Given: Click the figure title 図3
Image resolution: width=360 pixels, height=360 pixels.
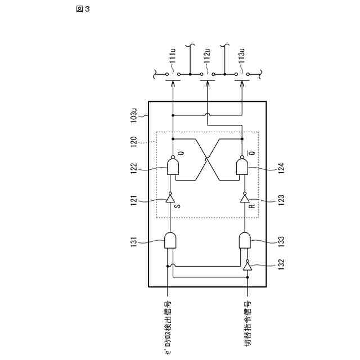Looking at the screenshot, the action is pyautogui.click(x=83, y=9).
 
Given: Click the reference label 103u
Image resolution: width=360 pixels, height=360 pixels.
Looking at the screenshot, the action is pyautogui.click(x=134, y=115).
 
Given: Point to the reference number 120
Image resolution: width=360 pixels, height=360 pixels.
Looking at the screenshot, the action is pyautogui.click(x=134, y=140).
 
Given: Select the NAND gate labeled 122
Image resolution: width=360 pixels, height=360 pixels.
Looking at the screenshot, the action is pyautogui.click(x=173, y=166).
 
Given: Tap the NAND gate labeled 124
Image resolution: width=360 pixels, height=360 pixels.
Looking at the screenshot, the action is pyautogui.click(x=242, y=166).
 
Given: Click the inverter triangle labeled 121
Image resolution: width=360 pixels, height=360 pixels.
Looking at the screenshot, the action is pyautogui.click(x=170, y=197).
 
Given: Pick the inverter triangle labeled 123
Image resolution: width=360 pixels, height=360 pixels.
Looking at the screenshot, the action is pyautogui.click(x=245, y=197).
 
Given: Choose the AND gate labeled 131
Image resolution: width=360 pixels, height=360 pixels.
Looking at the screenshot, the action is pyautogui.click(x=170, y=240).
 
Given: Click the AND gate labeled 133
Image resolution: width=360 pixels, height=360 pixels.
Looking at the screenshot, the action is pyautogui.click(x=245, y=240).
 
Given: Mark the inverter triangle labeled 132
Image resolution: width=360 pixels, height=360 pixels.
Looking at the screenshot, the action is pyautogui.click(x=247, y=265).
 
